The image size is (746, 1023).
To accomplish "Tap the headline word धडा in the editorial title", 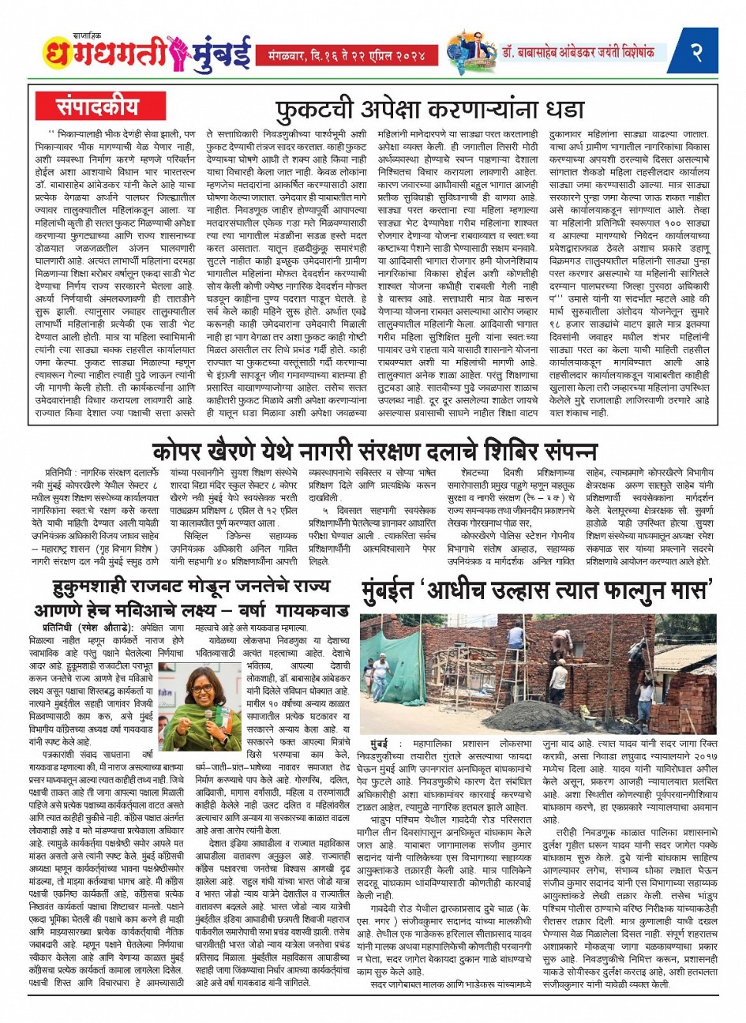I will coord(561,108).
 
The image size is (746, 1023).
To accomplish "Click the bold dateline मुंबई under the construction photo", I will coord(385,744).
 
